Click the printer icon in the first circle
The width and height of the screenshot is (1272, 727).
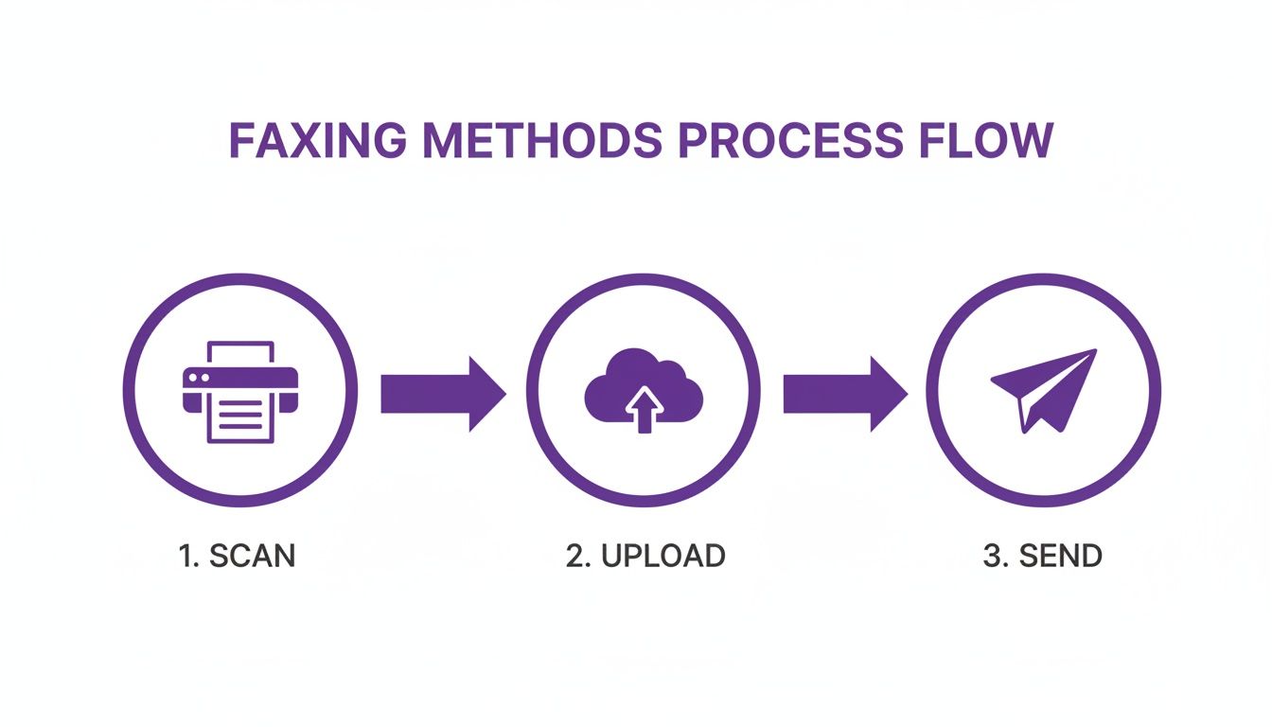(239, 391)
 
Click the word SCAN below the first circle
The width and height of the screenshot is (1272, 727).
(252, 556)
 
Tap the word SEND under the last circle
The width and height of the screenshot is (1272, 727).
(1060, 556)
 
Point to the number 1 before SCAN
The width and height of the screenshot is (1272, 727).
(185, 556)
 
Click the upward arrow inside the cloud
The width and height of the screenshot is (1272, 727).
(644, 407)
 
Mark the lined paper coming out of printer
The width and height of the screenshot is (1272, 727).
(239, 417)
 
